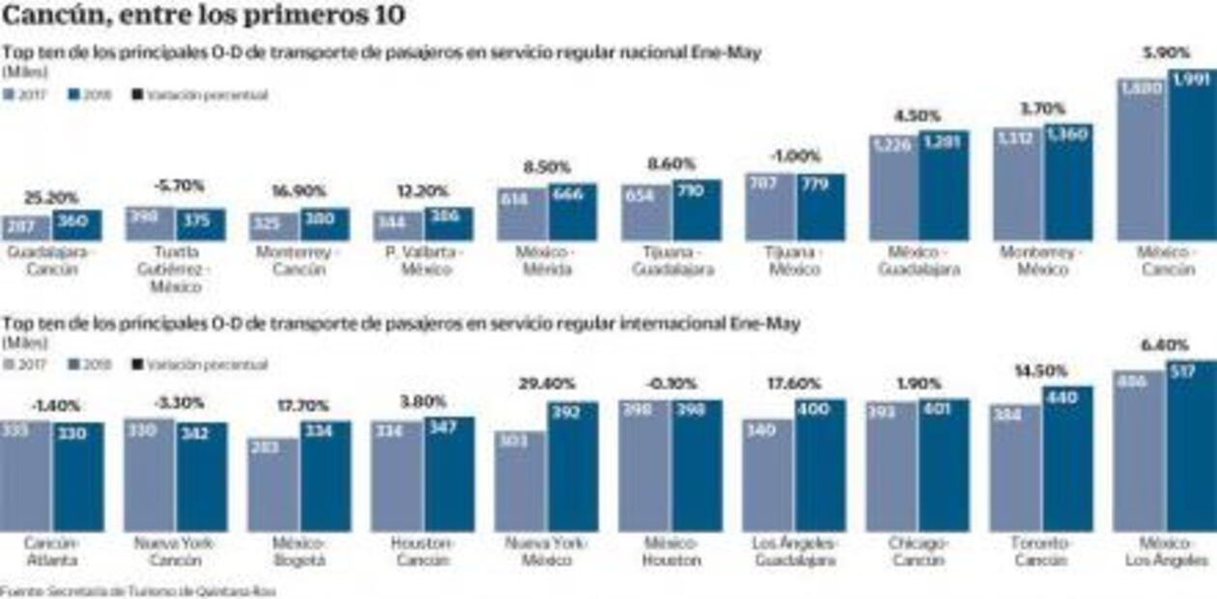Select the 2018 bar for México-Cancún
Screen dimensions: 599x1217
1192,155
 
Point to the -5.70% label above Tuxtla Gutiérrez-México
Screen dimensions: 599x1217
175,185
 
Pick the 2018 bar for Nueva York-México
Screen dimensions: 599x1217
573,467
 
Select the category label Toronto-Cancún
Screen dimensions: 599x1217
1041,552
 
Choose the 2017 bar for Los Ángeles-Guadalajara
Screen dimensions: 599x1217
768,474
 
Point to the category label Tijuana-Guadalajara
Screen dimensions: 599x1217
672,262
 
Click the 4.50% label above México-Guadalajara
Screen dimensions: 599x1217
919,116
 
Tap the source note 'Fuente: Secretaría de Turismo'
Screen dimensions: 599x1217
138,590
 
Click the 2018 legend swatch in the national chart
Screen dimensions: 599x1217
74,96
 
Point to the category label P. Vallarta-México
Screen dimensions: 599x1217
423,262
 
